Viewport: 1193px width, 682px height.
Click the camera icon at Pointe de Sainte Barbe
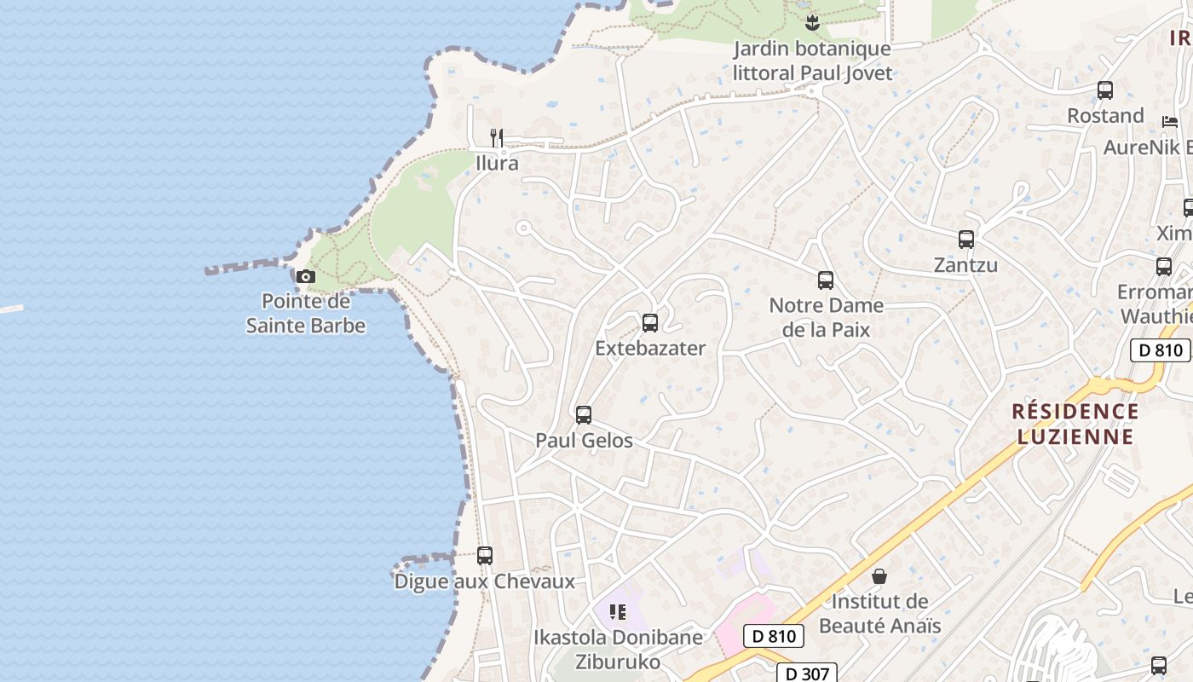click(x=305, y=276)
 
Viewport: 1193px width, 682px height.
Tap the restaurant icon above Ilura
click(x=497, y=137)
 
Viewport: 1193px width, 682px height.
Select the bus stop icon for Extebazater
click(x=650, y=323)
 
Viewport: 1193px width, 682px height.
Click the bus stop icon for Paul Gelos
click(x=584, y=415)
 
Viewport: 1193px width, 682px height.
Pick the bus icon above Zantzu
click(x=965, y=240)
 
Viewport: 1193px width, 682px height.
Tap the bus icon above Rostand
click(x=1105, y=90)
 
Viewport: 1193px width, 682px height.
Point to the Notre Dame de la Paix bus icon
click(x=825, y=280)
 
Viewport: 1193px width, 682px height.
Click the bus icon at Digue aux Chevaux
click(x=485, y=556)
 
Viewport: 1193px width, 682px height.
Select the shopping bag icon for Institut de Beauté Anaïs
click(x=879, y=577)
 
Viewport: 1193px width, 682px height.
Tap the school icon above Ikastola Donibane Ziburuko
click(x=618, y=611)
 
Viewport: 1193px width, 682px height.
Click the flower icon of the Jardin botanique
click(x=812, y=23)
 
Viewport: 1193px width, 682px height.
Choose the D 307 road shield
click(x=806, y=673)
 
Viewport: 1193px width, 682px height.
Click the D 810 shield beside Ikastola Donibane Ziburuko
click(x=774, y=636)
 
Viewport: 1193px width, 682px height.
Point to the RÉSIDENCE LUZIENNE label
click(x=1075, y=424)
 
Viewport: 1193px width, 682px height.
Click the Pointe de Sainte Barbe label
click(x=305, y=313)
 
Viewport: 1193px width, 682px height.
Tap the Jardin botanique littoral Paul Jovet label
click(x=812, y=61)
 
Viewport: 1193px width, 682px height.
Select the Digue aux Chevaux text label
click(x=484, y=581)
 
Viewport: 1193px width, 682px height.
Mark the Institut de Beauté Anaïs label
click(x=879, y=613)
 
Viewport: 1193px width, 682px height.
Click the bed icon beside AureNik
click(x=1170, y=122)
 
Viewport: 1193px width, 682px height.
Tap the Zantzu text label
click(x=965, y=265)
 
